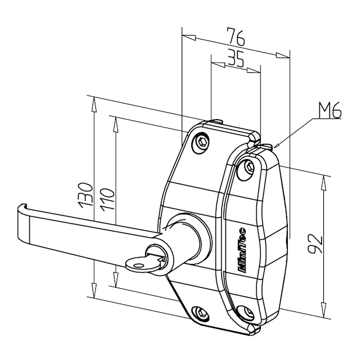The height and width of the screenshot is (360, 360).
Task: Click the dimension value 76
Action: pyautogui.click(x=236, y=36)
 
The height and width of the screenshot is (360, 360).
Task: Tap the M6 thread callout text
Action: pyautogui.click(x=330, y=111)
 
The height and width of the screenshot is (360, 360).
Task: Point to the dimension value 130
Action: pyautogui.click(x=85, y=195)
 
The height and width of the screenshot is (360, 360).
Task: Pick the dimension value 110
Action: pyautogui.click(x=107, y=200)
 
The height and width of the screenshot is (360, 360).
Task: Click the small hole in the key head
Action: pyautogui.click(x=138, y=266)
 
